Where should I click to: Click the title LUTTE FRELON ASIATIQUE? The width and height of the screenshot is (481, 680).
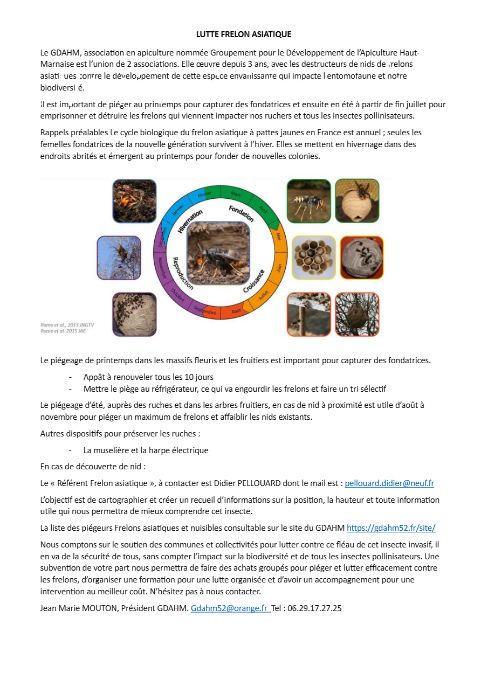point(244,34)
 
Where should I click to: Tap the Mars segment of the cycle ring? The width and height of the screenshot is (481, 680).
point(235,193)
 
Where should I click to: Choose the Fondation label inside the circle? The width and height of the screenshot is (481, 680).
point(241,213)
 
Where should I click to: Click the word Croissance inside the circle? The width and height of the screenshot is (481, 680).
point(253,281)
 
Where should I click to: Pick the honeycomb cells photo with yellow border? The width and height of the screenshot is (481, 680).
point(313,258)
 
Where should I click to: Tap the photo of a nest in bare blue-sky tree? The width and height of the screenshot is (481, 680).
point(119,258)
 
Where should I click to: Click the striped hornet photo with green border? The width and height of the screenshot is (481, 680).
point(308,201)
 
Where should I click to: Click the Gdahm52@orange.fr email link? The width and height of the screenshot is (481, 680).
point(230,608)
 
